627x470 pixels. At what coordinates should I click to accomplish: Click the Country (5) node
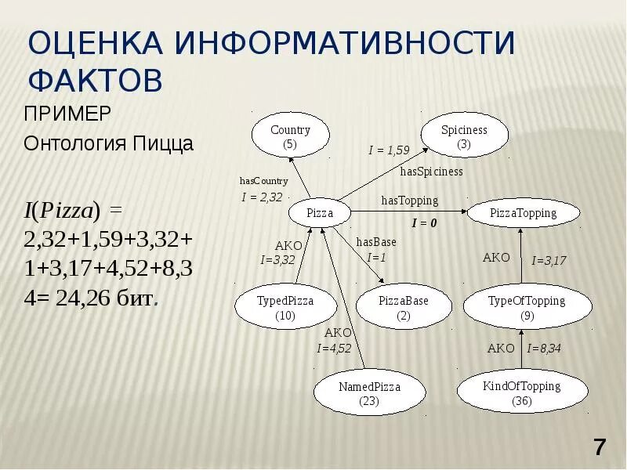290,137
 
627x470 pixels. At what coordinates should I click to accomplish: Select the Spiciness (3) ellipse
464,137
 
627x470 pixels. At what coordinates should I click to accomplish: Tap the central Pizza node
319,213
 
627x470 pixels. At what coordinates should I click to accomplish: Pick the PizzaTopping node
523,213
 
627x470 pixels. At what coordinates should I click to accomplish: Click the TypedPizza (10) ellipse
285,308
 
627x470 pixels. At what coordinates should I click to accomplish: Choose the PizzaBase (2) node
404,308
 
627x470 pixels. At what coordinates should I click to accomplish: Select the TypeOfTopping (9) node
525,308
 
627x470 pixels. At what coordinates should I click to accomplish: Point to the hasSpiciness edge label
431,172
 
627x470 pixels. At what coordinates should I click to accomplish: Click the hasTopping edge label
409,201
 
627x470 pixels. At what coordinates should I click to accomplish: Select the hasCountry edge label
263,181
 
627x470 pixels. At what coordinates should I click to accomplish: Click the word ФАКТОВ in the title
95,81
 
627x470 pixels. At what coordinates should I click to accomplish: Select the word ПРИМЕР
67,114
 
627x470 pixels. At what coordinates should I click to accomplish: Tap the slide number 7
600,448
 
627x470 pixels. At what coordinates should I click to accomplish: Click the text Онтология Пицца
108,144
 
